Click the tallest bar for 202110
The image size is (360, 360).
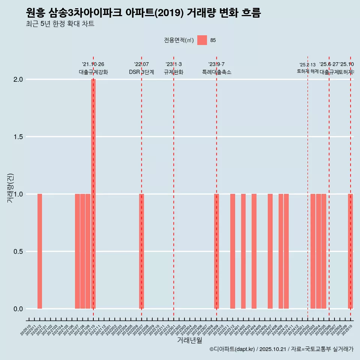(x=93, y=193)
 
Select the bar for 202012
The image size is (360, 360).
(x=40, y=251)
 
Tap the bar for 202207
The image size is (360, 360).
(x=141, y=251)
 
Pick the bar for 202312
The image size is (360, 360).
(x=232, y=251)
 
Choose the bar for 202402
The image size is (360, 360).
(x=243, y=251)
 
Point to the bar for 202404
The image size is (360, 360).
(x=254, y=251)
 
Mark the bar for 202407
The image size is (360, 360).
(x=270, y=251)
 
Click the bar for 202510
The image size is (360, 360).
(x=350, y=251)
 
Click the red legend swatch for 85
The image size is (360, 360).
(x=202, y=40)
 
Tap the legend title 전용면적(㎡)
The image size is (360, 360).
(x=179, y=40)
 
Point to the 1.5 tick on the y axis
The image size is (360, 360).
(x=18, y=137)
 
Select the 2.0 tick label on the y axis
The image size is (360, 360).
(x=18, y=79)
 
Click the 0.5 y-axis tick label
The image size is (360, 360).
(x=18, y=252)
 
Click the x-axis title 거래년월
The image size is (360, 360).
(x=189, y=340)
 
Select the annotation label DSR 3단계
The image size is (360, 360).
(x=141, y=72)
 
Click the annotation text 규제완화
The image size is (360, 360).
(x=174, y=72)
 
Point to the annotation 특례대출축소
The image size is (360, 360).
(x=216, y=72)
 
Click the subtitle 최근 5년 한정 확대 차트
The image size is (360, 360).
(x=60, y=24)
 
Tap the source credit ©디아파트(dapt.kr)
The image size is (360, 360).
(x=232, y=349)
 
